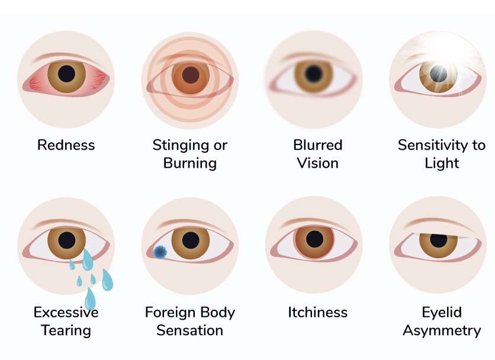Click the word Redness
[x=66, y=145]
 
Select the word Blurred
[x=317, y=145]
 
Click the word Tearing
[x=66, y=330]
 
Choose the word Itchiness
[x=317, y=312]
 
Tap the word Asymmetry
[x=442, y=330]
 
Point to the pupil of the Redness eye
[x=66, y=74]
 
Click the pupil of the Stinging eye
[x=190, y=75]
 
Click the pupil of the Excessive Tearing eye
[x=66, y=240]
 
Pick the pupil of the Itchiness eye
[x=314, y=239]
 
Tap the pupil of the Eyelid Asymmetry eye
[x=438, y=240]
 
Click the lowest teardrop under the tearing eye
[x=90, y=298]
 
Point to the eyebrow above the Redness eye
[x=62, y=56]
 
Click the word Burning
[x=189, y=163]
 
